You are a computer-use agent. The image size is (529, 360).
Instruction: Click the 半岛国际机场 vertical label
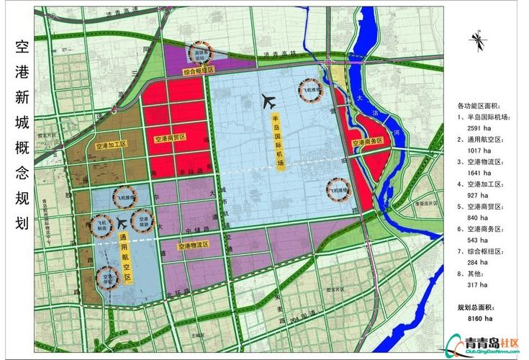[x=275, y=140]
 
